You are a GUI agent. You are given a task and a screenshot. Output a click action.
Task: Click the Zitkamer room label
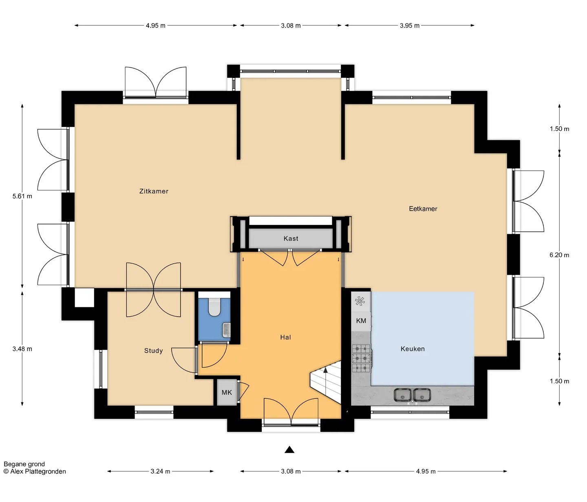click(x=154, y=191)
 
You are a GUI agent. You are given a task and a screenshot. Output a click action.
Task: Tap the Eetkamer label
click(x=423, y=209)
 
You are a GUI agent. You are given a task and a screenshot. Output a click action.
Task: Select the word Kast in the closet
click(x=291, y=238)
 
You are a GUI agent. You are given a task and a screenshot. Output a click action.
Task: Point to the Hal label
click(x=285, y=337)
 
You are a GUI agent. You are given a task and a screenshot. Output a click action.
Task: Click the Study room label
click(x=153, y=351)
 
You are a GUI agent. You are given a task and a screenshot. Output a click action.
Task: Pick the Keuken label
click(x=413, y=349)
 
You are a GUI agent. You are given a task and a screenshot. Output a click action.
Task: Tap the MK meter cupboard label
click(x=227, y=393)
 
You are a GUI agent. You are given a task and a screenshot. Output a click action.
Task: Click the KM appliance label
click(x=361, y=321)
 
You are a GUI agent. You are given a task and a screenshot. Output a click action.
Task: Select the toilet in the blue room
click(x=214, y=307)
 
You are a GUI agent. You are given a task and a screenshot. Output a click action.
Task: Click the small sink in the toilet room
click(x=226, y=330)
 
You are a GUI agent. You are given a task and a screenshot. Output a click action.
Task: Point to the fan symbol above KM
click(x=360, y=301)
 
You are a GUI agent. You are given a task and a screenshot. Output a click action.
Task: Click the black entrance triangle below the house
click(x=289, y=449)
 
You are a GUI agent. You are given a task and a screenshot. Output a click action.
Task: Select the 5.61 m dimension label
click(x=22, y=196)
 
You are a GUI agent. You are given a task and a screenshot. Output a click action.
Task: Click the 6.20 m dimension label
click(x=559, y=255)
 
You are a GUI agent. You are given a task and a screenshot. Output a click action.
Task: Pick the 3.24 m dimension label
click(x=160, y=471)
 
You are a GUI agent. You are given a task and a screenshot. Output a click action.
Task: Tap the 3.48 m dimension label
click(x=22, y=349)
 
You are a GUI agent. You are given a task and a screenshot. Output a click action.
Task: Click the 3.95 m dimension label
click(x=410, y=26)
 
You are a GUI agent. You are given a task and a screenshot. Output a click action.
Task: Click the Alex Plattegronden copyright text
click(x=35, y=471)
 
